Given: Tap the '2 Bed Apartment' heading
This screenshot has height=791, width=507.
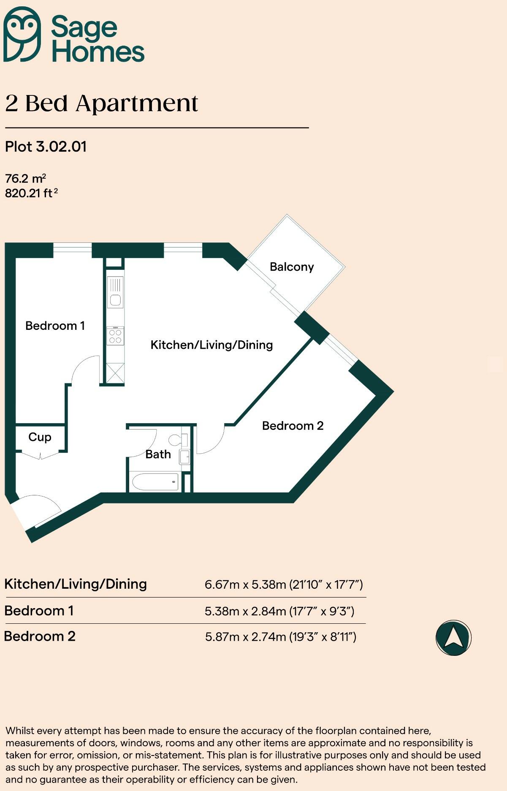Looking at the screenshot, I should (101, 103).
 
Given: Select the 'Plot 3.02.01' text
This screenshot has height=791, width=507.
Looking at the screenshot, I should (46, 147).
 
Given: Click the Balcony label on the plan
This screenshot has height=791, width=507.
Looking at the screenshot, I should (292, 267).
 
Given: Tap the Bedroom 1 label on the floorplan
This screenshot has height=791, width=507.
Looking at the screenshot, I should (55, 326).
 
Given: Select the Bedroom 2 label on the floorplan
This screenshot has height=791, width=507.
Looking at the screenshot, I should (293, 426).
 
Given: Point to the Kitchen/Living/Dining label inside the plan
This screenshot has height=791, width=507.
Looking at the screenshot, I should (211, 345).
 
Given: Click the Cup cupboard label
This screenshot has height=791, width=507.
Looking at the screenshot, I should (40, 437).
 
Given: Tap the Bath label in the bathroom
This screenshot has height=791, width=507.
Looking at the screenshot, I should (158, 454).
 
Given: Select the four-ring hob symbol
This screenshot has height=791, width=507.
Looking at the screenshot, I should (115, 336).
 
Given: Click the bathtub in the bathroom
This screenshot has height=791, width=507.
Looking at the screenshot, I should (155, 481).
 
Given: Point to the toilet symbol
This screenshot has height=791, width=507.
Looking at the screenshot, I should (177, 440).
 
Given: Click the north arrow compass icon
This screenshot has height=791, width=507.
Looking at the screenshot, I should (453, 638).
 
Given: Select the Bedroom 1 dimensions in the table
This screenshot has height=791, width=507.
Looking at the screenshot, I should (279, 611).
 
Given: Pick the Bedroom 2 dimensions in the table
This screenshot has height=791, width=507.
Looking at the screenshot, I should (280, 637).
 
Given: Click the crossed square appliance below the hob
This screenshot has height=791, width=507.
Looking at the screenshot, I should (115, 373).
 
